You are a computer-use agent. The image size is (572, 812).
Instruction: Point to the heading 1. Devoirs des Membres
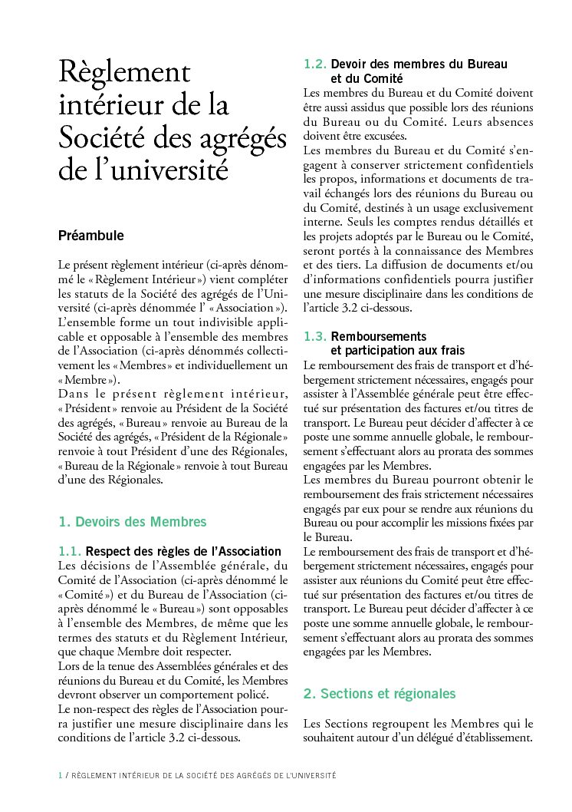[x=133, y=522]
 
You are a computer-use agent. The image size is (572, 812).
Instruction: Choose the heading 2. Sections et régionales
[x=380, y=694]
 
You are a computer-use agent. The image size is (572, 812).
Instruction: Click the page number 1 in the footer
[x=61, y=776]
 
